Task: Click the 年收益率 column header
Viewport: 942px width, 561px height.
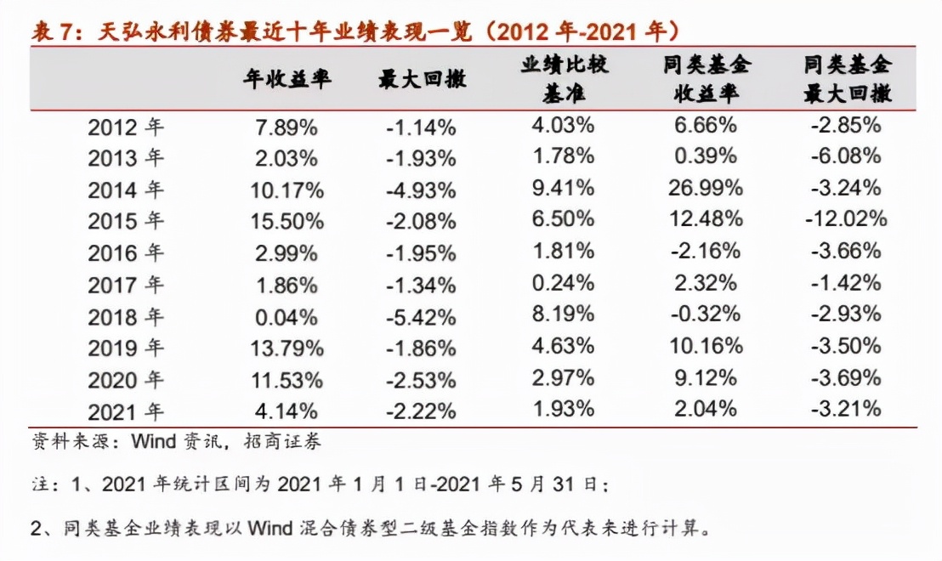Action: click(287, 79)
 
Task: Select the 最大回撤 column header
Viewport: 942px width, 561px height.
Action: click(422, 79)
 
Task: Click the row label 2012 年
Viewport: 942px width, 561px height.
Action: click(126, 127)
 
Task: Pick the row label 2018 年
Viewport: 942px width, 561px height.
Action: click(126, 317)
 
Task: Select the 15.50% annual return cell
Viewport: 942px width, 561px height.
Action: click(287, 222)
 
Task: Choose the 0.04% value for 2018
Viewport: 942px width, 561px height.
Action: click(287, 317)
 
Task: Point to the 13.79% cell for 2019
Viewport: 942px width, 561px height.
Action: click(287, 348)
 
